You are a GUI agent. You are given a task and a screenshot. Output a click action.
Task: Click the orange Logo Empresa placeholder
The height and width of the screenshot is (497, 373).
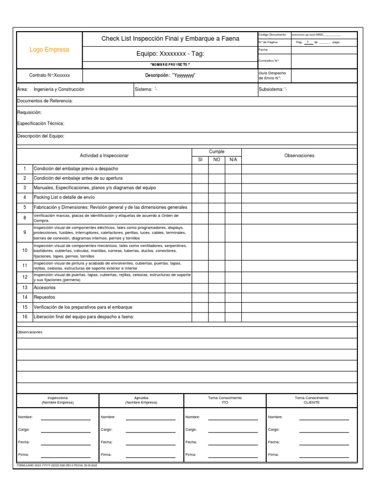click(x=50, y=50)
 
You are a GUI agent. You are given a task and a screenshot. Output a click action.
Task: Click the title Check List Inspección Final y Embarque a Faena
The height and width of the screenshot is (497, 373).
click(x=170, y=38)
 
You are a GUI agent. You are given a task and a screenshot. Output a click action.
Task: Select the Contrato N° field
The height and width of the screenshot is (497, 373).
click(x=50, y=76)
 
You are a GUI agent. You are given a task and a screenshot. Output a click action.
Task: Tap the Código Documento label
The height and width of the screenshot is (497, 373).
click(x=272, y=35)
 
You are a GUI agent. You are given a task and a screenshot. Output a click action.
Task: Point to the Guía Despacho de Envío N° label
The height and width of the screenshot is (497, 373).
click(x=272, y=75)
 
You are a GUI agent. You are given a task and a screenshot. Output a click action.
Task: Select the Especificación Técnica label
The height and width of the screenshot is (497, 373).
click(x=41, y=124)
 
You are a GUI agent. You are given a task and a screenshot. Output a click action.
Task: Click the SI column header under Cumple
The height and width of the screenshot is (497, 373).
click(x=200, y=159)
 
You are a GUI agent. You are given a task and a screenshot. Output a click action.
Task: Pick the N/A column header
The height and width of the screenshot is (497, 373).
click(x=233, y=159)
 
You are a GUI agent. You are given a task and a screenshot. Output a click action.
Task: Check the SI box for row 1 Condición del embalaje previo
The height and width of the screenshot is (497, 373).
click(x=200, y=168)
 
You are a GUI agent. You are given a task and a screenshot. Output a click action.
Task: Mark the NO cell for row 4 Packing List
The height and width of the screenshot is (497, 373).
click(x=217, y=198)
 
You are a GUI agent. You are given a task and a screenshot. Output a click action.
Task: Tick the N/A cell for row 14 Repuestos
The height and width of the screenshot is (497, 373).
click(x=233, y=297)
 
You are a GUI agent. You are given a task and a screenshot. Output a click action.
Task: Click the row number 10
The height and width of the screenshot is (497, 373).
click(x=25, y=250)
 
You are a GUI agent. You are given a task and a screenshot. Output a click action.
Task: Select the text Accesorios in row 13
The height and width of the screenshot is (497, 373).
click(x=45, y=287)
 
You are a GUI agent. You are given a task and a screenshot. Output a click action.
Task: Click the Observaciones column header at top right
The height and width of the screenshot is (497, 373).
click(x=299, y=155)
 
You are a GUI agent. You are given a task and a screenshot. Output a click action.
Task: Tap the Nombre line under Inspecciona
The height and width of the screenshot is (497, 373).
click(x=66, y=417)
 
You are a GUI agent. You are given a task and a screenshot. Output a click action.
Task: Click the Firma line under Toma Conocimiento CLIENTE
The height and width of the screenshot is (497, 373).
click(x=324, y=455)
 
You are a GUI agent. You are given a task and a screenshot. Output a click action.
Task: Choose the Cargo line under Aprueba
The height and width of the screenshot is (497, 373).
click(x=150, y=430)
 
